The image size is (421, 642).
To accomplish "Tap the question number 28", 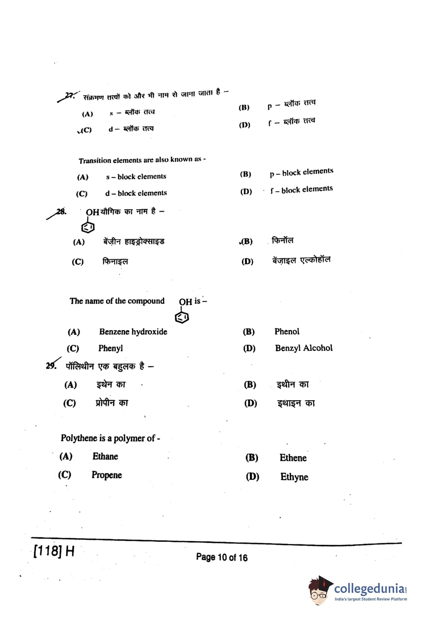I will pos(61,212).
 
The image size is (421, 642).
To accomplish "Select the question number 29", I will pos(51,366).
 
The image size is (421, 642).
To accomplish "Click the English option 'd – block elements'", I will pos(136,193).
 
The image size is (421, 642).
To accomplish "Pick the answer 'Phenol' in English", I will pos(287,331).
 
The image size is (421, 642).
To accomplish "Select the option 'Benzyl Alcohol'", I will pos(304,348).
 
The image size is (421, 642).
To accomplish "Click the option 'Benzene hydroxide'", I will pos(133,332).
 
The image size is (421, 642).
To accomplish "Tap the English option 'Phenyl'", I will pos(111,348).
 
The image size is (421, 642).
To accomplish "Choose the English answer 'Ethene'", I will pos(293,458).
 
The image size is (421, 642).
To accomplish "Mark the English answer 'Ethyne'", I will pos(294,477).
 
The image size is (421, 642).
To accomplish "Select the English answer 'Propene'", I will pos(107,475).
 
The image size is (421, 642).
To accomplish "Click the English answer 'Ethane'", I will pos(105,456).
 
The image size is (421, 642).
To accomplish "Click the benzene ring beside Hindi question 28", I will pos(88,228).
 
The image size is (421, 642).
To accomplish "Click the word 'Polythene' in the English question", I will pos(79,438).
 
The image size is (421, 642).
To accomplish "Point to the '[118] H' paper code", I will pos(54,551).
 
